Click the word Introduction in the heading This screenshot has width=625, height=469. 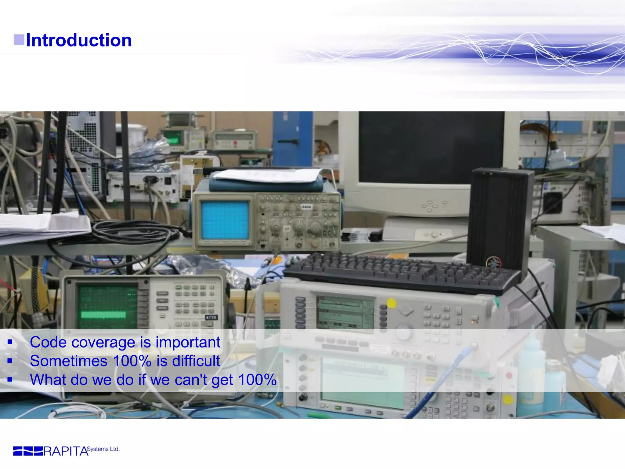pyautogui.click(x=79, y=40)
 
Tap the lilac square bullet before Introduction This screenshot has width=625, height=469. pyautogui.click(x=19, y=40)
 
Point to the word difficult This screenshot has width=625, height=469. pyautogui.click(x=196, y=361)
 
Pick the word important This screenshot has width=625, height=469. pyautogui.click(x=188, y=342)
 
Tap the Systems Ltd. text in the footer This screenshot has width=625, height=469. pyautogui.click(x=103, y=449)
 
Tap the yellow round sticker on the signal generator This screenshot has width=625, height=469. pyautogui.click(x=392, y=303)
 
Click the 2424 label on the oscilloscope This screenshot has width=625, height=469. pyautogui.click(x=306, y=207)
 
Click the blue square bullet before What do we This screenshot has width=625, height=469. pyautogui.click(x=10, y=380)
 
